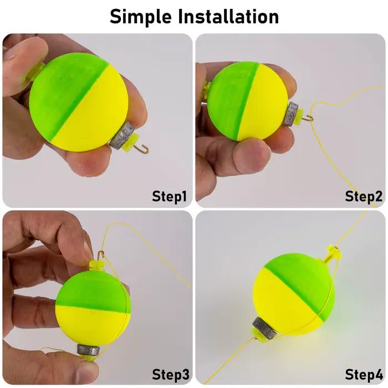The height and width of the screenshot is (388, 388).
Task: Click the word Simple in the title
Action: [141, 17]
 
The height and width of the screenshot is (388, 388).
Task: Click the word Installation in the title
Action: [228, 16]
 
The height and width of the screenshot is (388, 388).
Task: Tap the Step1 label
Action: [169, 196]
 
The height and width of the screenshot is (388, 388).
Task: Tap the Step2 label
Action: [364, 196]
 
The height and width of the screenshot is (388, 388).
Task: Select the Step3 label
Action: [171, 374]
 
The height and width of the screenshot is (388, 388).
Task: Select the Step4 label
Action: [364, 374]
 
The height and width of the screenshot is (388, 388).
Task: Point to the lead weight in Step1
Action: [122, 135]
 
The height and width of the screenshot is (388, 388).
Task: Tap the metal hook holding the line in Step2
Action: [308, 118]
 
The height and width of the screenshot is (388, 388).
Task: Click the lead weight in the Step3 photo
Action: [88, 349]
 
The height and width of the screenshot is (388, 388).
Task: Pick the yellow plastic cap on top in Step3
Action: [97, 266]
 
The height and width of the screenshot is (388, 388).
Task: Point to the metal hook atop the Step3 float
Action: [100, 255]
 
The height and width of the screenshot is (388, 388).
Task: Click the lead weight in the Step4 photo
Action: [265, 328]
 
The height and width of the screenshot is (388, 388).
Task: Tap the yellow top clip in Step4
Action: [334, 252]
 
